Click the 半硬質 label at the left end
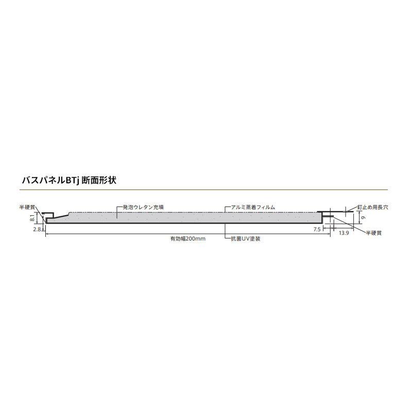tap(27, 207)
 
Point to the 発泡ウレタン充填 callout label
tap(144, 207)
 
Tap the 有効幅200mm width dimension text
tap(188, 238)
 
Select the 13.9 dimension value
tap(345, 233)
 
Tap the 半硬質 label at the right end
tap(373, 233)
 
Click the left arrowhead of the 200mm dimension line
tap(47, 233)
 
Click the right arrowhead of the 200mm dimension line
tap(329, 233)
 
